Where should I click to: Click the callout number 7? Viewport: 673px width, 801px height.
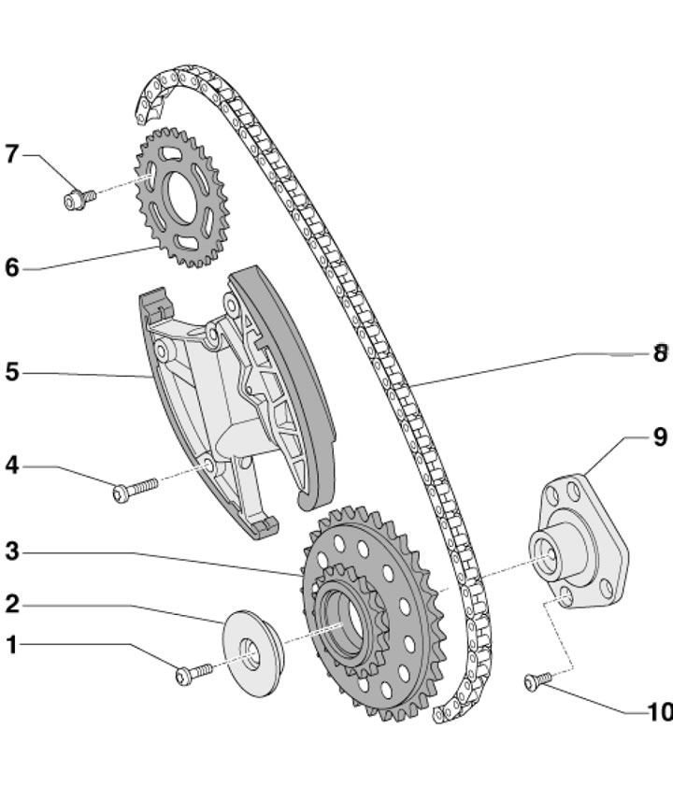11,153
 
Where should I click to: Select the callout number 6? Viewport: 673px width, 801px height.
11,268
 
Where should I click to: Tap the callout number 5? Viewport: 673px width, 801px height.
11,372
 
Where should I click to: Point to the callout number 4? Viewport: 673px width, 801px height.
11,465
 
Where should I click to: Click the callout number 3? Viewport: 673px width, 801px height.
11,551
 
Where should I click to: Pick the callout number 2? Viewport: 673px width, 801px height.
11,604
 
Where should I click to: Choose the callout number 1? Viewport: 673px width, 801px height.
11,644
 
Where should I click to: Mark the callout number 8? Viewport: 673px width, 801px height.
660,353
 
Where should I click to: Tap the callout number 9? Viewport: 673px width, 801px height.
660,437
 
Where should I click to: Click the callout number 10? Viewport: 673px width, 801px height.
659,712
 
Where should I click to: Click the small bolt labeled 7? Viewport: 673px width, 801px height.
76,198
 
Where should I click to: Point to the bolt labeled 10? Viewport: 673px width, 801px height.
534,684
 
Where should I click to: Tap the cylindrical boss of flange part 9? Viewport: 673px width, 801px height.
550,553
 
